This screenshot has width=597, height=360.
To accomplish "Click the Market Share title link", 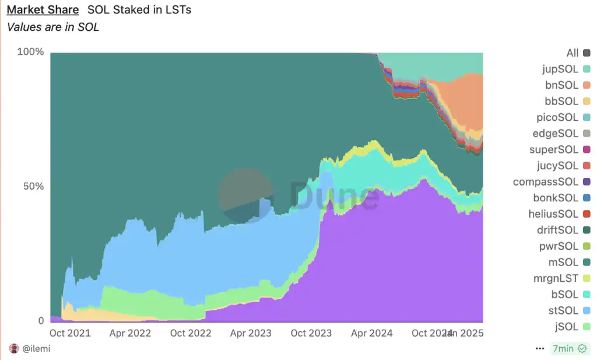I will click(x=43, y=10).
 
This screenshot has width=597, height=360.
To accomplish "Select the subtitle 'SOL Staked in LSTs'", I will click(x=139, y=10).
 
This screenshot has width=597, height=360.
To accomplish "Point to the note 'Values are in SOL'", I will click(x=53, y=27).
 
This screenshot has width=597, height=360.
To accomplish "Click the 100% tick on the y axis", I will click(x=30, y=52).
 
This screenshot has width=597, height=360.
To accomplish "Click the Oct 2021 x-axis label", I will click(x=70, y=333).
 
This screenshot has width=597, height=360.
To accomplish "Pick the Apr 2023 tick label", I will click(x=251, y=333).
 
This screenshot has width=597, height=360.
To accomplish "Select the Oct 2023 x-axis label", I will click(x=311, y=333).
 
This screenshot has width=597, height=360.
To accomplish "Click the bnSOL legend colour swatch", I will click(x=587, y=86).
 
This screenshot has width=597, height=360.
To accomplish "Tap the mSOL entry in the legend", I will click(x=564, y=263).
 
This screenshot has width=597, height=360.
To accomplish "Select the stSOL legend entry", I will click(x=564, y=310).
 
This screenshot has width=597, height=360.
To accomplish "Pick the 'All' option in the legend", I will click(x=573, y=53).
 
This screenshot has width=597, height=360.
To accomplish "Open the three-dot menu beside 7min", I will click(x=540, y=349).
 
